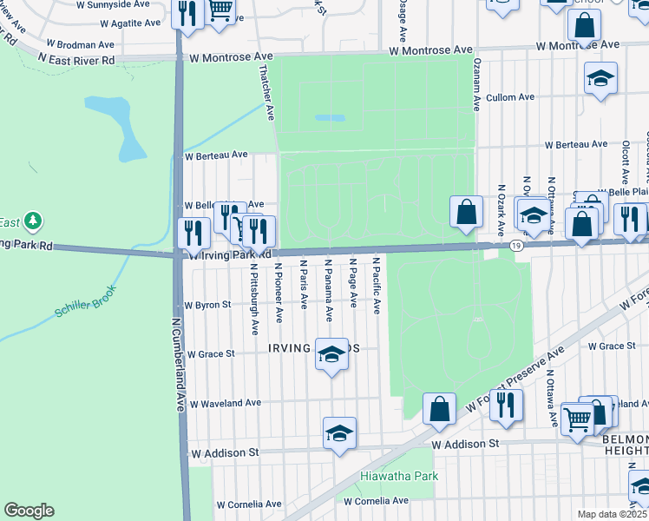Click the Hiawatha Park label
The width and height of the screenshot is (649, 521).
(399, 476)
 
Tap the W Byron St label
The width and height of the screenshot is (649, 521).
(208, 305)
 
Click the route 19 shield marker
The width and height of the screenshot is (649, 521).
(516, 247)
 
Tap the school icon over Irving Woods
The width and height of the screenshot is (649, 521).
(331, 354)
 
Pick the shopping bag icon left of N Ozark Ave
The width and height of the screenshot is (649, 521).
(466, 211)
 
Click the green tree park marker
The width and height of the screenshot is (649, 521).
(33, 221)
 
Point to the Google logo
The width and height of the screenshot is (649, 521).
(29, 511)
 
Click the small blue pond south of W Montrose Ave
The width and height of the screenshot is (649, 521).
(329, 117)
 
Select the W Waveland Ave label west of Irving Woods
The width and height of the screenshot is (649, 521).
(225, 403)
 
